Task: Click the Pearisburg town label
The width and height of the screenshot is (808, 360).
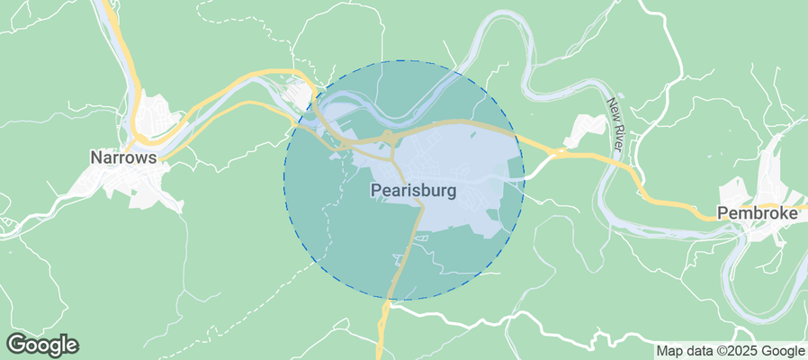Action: pos(413,192)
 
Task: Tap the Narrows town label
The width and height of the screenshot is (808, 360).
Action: pos(123,157)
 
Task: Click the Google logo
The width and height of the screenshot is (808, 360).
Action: pos(42,344)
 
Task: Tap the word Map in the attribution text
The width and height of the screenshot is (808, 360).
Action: pos(670,351)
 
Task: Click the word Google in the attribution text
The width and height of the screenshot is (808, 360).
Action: pos(782,351)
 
